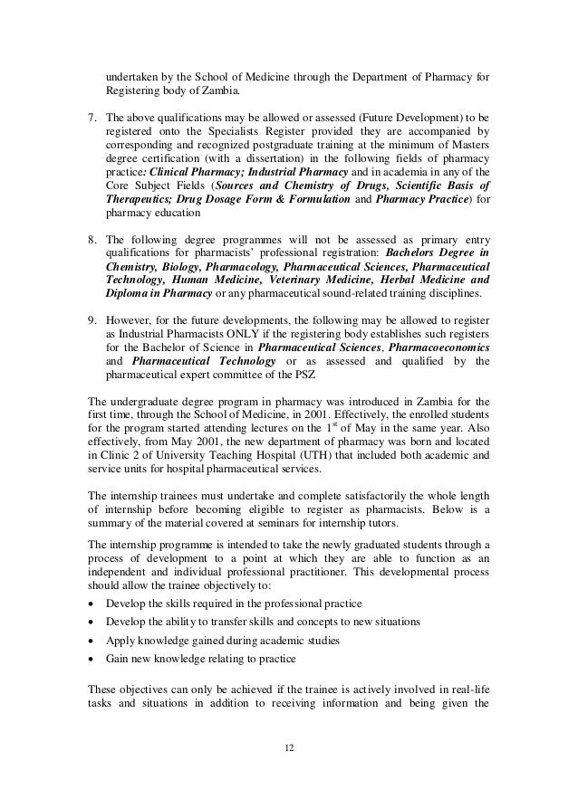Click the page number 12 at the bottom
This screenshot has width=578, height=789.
coord(289,746)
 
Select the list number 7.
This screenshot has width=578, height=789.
coord(91,117)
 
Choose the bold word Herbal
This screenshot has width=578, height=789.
coord(398,280)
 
